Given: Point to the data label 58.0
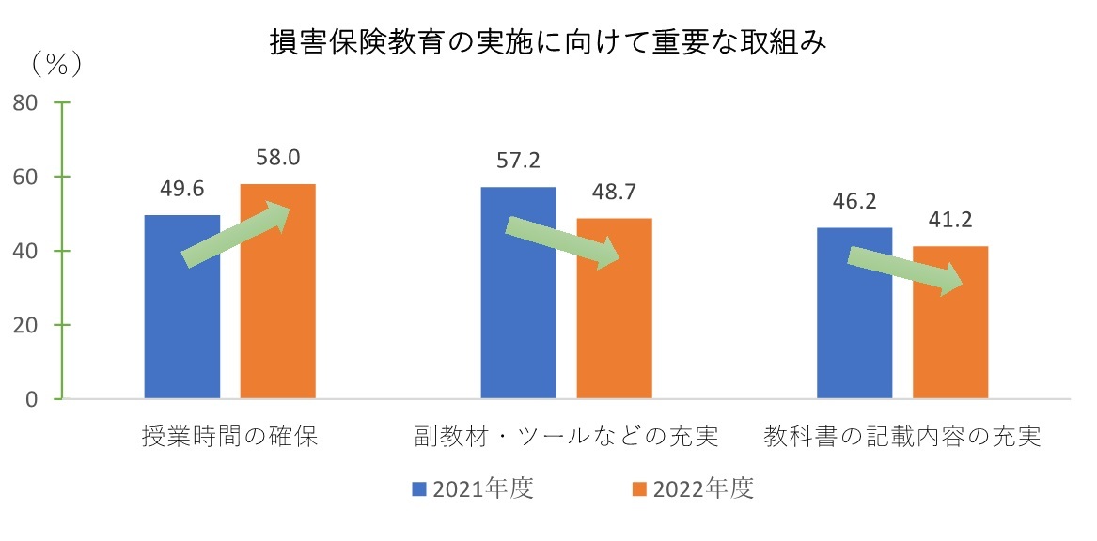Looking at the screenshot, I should [278, 158].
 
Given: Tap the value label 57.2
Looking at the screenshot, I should [518, 162].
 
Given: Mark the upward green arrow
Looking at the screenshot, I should [236, 235].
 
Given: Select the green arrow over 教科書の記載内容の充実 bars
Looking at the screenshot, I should [904, 269].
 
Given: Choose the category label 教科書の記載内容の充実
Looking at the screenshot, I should [902, 438].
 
